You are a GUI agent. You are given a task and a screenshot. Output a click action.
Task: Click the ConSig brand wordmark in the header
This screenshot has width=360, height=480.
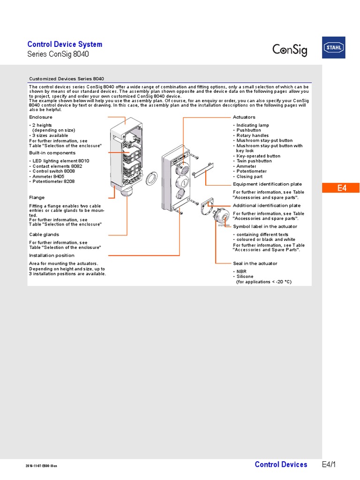pyautogui.click(x=290, y=49)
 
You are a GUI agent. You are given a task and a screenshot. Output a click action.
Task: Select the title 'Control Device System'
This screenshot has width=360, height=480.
pyautogui.click(x=65, y=45)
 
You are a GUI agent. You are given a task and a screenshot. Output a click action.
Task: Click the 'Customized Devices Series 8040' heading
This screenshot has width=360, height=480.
pyautogui.click(x=67, y=79)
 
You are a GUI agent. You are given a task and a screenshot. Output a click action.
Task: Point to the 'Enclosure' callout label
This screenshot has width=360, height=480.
pyautogui.click(x=41, y=117)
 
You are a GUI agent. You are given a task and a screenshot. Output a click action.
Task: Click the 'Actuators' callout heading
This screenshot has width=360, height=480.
pyautogui.click(x=244, y=117)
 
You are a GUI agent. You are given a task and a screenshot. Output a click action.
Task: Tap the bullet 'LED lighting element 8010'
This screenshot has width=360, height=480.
pyautogui.click(x=60, y=161)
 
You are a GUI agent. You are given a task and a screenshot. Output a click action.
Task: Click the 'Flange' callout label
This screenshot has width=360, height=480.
pyautogui.click(x=37, y=197)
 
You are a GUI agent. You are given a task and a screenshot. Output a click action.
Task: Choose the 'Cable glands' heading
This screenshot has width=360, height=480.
pyautogui.click(x=44, y=234)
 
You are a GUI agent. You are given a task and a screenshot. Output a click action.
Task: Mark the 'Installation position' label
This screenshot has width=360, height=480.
pyautogui.click(x=52, y=255)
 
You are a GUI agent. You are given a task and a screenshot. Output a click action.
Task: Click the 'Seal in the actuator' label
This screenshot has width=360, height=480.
pyautogui.click(x=255, y=263)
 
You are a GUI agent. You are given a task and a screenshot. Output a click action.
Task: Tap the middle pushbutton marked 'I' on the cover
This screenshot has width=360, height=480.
pyautogui.click(x=183, y=182)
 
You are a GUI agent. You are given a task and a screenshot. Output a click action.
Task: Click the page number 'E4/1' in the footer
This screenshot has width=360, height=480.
pyautogui.click(x=329, y=465)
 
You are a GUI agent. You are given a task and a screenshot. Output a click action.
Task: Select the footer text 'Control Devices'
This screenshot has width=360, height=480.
pyautogui.click(x=281, y=465)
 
